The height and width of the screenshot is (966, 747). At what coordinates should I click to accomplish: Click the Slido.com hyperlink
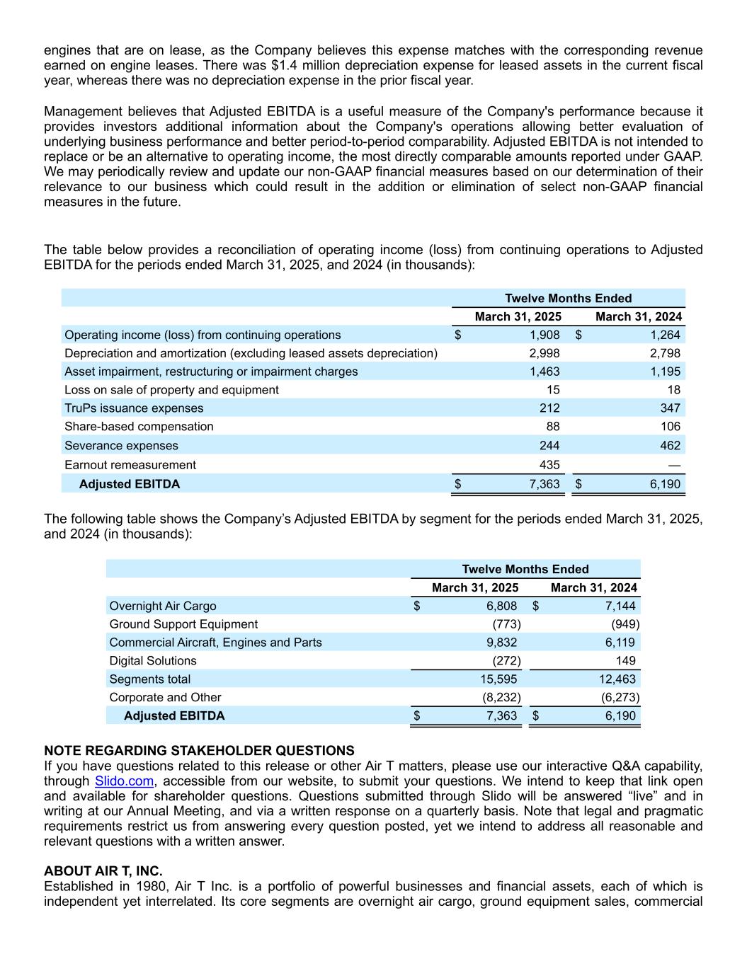point(124,781)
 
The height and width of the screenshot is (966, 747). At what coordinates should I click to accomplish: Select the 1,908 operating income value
point(544,335)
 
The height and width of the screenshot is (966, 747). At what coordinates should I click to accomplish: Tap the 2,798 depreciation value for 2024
point(666,353)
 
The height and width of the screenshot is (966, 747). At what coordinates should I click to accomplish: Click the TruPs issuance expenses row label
point(134,408)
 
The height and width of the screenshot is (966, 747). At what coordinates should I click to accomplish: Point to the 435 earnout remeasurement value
point(549,465)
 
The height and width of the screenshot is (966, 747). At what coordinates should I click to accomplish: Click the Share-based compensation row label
point(139,427)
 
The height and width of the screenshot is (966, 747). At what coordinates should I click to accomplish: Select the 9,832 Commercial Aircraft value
point(501,643)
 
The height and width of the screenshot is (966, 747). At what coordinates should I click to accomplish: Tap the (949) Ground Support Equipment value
point(625,624)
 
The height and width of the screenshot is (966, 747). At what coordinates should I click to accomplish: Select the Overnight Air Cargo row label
point(163,606)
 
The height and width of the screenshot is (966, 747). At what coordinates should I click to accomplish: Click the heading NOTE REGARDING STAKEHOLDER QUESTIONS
point(199,751)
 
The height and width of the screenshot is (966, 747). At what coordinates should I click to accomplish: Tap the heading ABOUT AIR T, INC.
point(103,871)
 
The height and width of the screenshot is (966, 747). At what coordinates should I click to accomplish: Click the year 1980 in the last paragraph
point(136,887)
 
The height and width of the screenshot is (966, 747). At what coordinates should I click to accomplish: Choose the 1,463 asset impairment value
point(544,372)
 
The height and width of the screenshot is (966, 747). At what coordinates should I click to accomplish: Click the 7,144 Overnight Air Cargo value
point(620,606)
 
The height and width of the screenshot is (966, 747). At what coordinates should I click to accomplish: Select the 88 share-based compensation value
point(552,427)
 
